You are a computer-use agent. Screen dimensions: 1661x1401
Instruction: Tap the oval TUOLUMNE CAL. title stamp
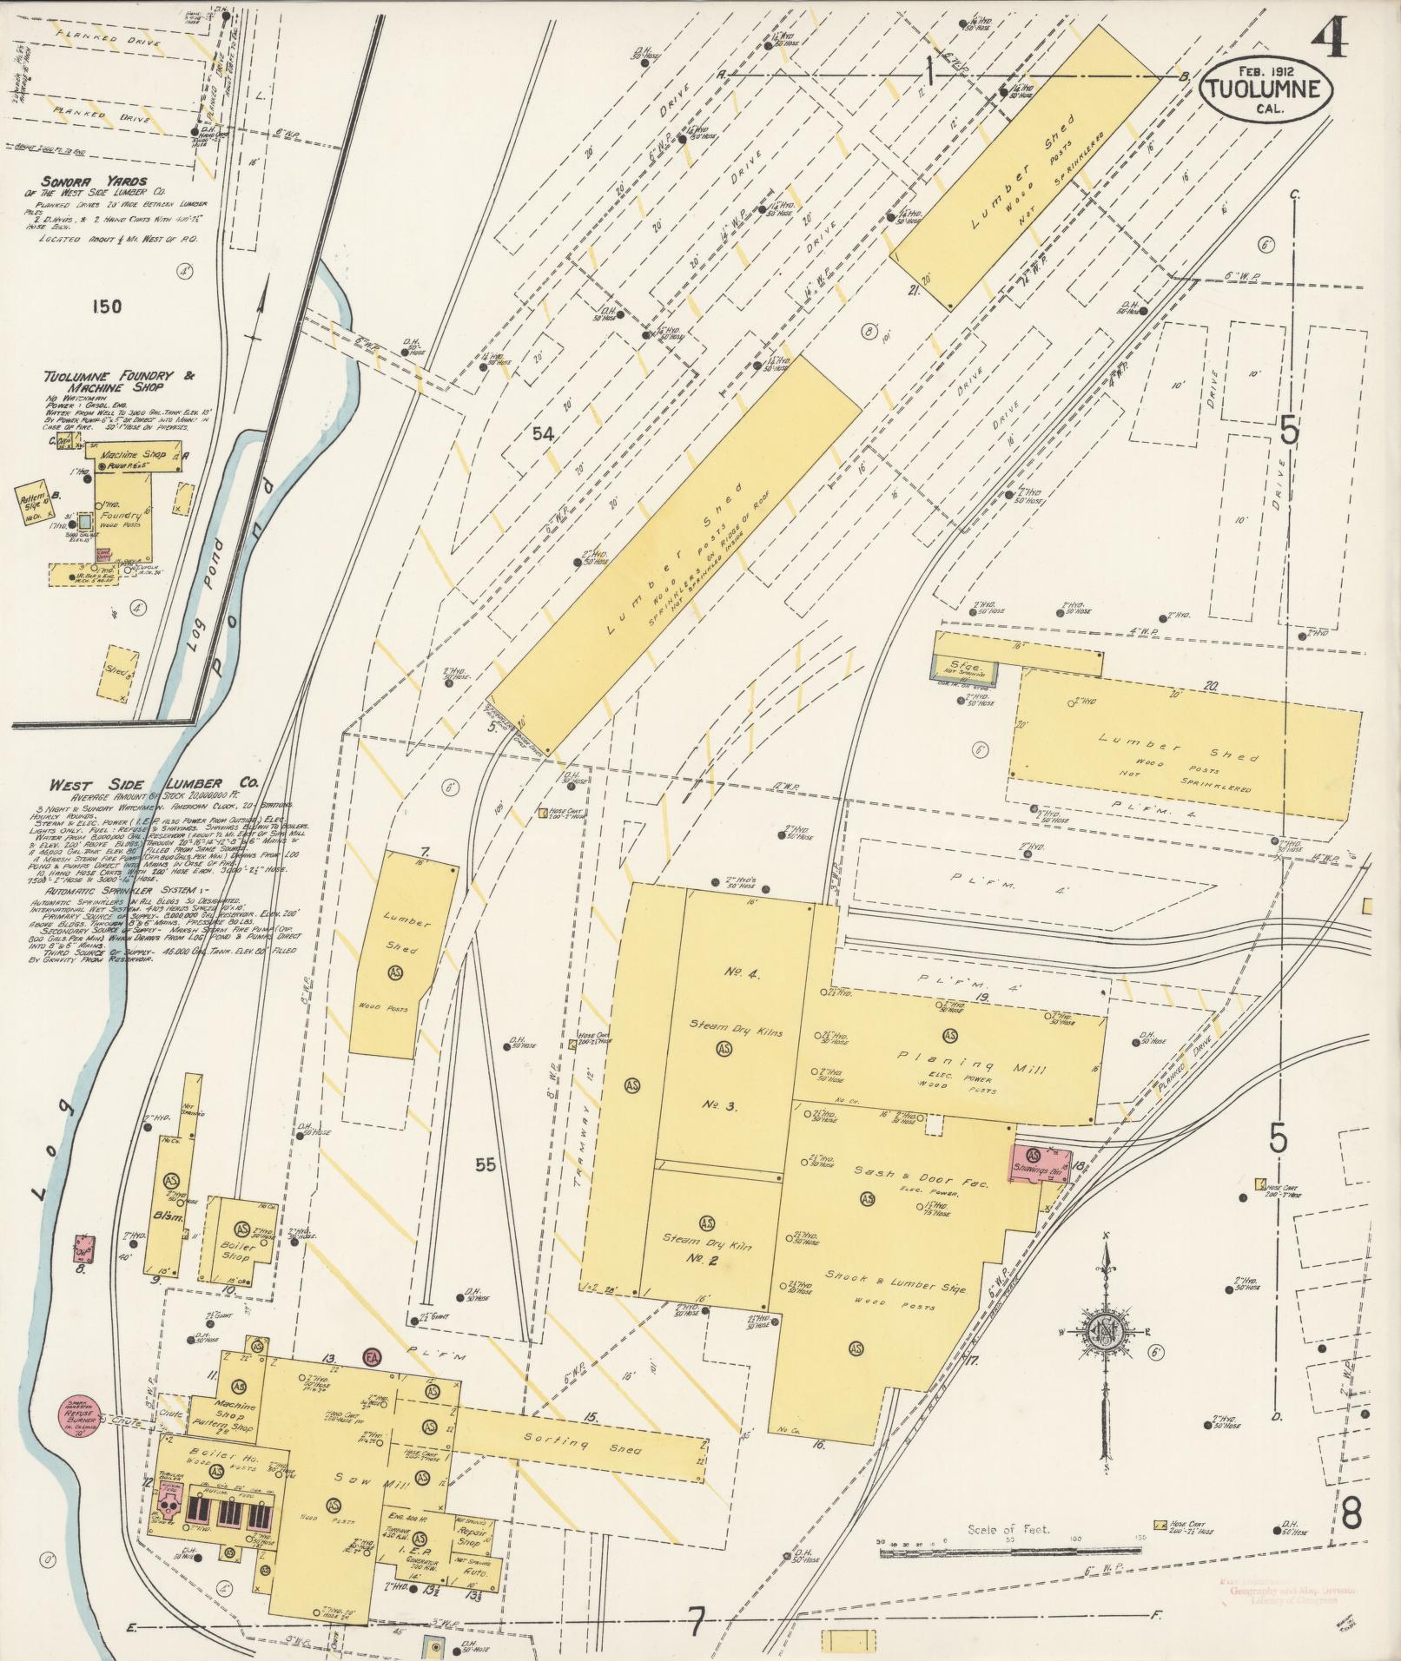[x=1267, y=89]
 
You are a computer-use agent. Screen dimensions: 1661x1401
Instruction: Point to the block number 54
[x=542, y=434]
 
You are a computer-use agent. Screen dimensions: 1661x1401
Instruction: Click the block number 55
[x=486, y=1164]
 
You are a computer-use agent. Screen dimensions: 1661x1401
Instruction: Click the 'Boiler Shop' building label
[x=238, y=1251]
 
